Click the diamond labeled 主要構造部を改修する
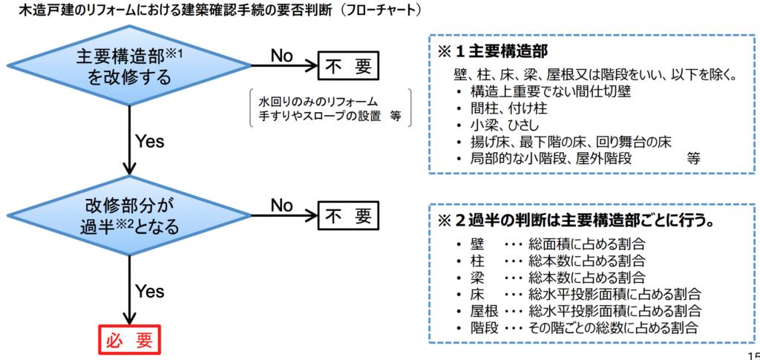pos(129,65)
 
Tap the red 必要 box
pos(129,340)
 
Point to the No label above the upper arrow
pos(281,56)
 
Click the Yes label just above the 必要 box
pos(150,291)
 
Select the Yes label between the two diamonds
pos(150,142)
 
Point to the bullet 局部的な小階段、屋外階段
pos(551,159)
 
